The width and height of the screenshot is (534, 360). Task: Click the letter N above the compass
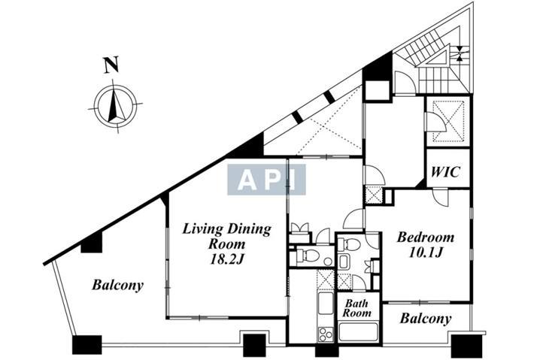[111, 65]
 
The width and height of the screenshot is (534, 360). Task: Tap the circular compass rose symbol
[115, 104]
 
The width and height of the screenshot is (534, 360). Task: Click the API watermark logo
[267, 180]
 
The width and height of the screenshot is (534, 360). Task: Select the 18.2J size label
[227, 259]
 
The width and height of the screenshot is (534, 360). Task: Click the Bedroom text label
[426, 237]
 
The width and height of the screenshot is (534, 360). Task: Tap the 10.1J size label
[426, 253]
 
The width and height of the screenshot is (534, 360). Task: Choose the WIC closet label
[446, 172]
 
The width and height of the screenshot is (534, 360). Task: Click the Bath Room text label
[357, 308]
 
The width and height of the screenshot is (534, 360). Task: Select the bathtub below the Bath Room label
[359, 331]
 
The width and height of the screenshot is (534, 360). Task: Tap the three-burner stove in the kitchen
[325, 334]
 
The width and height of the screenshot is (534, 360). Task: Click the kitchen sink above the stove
[325, 304]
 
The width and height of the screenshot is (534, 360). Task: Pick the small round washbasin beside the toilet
[328, 262]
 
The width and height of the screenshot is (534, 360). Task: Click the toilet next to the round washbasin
[305, 256]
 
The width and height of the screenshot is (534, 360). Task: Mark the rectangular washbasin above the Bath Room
[344, 262]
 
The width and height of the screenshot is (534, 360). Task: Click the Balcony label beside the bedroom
[426, 319]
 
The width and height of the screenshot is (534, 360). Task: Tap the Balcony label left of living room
[118, 285]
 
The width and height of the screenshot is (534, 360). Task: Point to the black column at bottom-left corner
[86, 345]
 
